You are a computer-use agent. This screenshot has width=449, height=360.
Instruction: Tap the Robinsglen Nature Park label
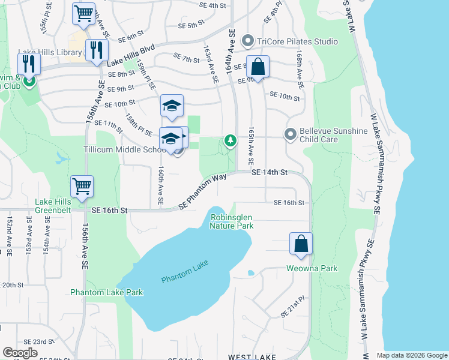coord(231,221)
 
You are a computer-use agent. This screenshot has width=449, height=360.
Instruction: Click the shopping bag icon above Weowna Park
coord(301,244)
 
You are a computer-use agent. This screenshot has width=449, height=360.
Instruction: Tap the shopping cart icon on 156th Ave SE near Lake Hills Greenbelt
coord(82,186)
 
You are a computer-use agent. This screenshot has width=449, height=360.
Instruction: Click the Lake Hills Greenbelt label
coord(53,206)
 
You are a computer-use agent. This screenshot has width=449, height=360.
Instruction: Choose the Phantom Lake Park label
coord(107,292)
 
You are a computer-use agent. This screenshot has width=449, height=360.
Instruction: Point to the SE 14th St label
coord(270,172)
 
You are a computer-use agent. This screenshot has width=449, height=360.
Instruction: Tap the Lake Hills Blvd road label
coord(131,55)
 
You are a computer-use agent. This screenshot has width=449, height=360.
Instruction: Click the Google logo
coord(20,353)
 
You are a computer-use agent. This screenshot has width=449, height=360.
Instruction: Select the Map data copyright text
coord(411,355)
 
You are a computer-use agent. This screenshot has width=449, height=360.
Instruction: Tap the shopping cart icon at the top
coord(83,14)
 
